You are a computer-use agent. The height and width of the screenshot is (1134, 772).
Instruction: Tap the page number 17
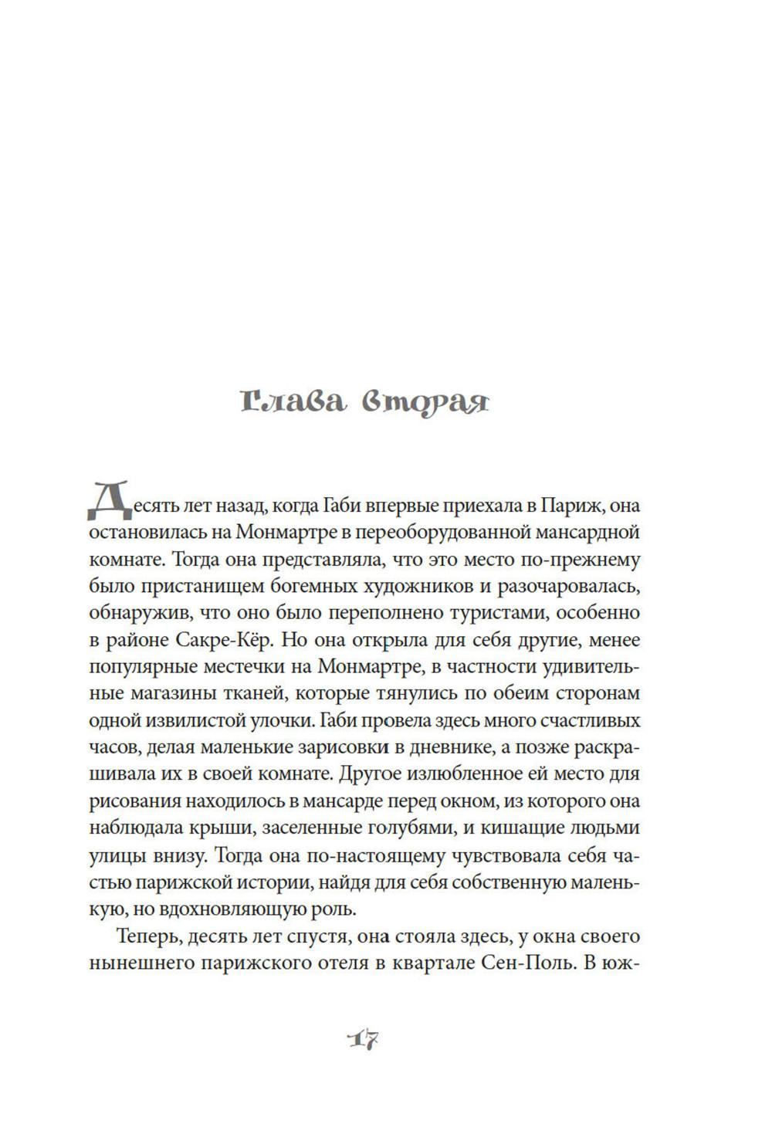[x=361, y=1039]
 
